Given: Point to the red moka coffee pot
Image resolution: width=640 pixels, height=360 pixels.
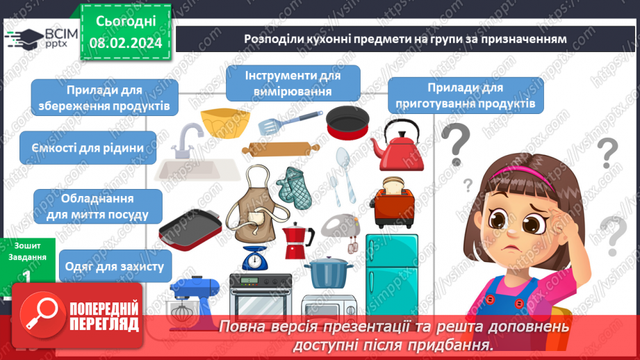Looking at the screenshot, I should (x=297, y=240).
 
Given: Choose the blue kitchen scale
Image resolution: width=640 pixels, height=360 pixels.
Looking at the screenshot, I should (x=257, y=256).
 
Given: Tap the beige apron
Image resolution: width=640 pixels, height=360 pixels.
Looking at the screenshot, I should (x=255, y=206).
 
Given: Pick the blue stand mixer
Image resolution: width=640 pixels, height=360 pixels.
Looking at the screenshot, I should (x=195, y=299).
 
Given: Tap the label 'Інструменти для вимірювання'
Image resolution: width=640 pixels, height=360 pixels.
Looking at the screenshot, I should (x=293, y=83).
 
